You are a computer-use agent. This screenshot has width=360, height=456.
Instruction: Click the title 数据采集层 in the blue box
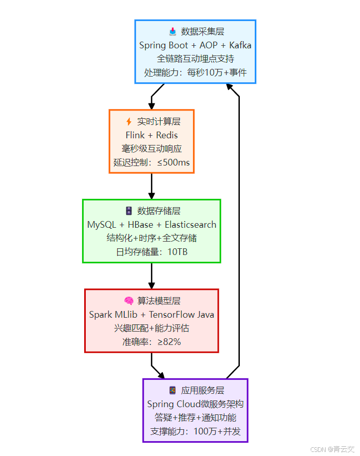tap(202, 32)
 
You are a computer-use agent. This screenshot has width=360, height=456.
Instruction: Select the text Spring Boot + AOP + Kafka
tap(195, 45)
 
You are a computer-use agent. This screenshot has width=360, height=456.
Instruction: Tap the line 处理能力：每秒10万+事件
tap(195, 72)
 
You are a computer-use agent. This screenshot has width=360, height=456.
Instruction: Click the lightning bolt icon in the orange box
tap(129, 122)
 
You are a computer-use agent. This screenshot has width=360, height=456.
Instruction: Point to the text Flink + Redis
tap(151, 135)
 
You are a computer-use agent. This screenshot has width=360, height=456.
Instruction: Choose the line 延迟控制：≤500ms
tap(151, 162)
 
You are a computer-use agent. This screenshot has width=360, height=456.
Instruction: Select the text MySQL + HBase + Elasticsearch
tap(151, 225)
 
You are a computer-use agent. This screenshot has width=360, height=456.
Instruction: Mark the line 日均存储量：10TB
tap(151, 252)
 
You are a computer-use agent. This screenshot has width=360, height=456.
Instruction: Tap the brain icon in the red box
tap(129, 301)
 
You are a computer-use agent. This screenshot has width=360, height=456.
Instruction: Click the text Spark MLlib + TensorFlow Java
tap(151, 315)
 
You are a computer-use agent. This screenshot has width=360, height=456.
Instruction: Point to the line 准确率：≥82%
tap(151, 342)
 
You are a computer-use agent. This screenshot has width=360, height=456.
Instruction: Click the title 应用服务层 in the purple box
tap(202, 391)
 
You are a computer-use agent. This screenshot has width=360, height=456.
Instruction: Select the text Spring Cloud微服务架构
tap(195, 404)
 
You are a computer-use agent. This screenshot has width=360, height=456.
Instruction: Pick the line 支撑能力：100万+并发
tap(195, 431)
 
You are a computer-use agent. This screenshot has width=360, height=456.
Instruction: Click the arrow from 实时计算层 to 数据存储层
tap(151, 186)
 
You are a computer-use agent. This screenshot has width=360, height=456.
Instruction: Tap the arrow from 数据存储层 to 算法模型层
tap(151, 276)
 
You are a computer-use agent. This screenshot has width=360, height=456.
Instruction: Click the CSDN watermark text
tap(332, 449)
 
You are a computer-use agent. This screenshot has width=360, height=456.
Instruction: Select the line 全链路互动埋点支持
tap(195, 59)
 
